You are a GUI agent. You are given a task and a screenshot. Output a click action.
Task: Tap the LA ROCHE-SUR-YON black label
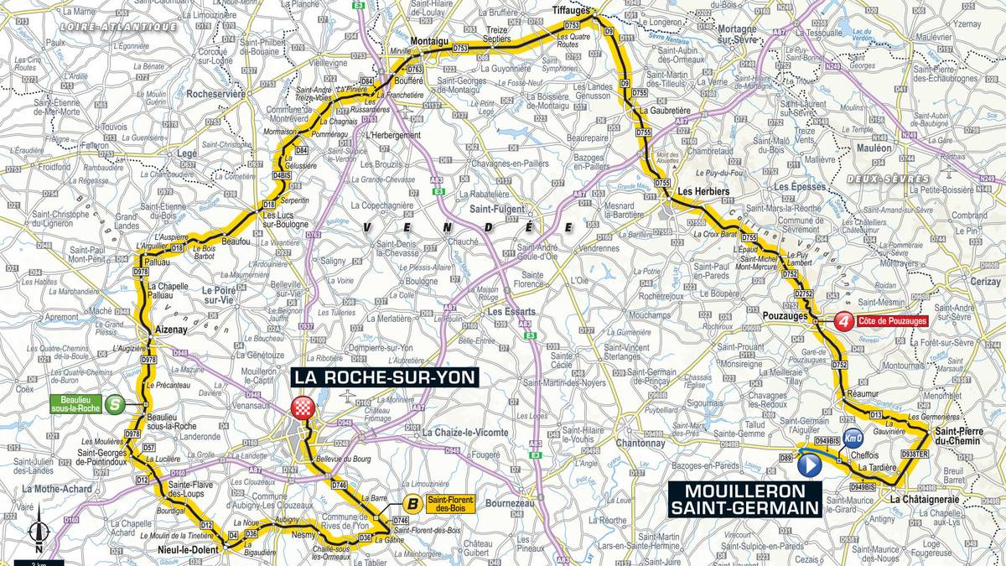point(385,376)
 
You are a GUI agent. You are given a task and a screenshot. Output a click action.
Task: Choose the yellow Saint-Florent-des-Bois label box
point(450,504)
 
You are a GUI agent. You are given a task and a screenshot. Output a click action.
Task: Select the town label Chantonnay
point(640,443)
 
